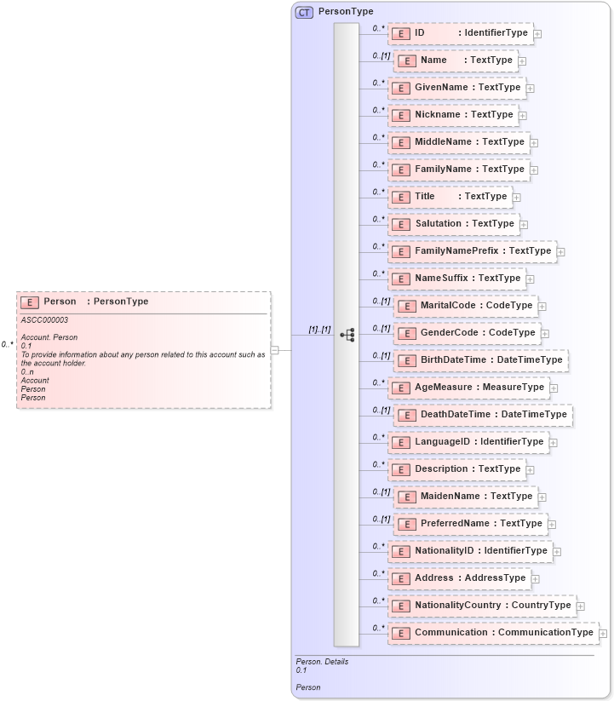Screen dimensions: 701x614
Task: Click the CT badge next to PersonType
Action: [304, 12]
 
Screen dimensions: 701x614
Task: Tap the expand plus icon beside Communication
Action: [603, 633]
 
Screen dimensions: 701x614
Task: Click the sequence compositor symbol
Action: [347, 336]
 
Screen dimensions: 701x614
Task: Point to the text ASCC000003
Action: [44, 320]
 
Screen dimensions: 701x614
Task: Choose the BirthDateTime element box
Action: [481, 360]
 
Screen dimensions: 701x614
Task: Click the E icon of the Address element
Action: [400, 578]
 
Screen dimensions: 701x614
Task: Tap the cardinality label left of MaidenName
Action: [380, 492]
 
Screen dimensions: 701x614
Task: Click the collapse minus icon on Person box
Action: [275, 349]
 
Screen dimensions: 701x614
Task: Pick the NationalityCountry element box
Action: [482, 606]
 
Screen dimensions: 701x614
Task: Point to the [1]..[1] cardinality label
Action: [319, 329]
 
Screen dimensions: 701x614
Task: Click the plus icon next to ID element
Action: [537, 34]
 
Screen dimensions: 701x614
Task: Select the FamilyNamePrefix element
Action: [473, 251]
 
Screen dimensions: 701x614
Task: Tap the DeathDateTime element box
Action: [483, 415]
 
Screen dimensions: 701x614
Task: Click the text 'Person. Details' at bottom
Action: [322, 662]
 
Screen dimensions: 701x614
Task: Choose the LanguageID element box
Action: [468, 442]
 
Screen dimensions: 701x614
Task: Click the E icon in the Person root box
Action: [30, 302]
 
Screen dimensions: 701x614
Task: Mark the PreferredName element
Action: [471, 524]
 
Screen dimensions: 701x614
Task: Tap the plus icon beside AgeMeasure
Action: [554, 388]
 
